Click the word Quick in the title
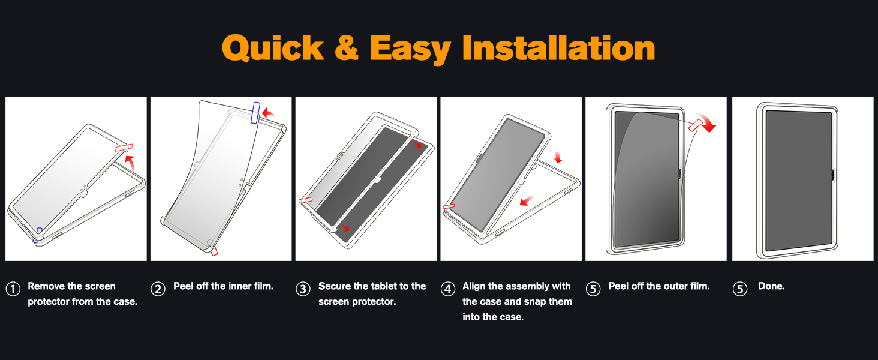(273, 48)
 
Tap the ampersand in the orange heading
(346, 48)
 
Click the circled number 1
(13, 289)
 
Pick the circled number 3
(303, 289)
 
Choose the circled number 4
(448, 289)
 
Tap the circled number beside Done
(740, 289)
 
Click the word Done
(771, 286)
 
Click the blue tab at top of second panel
(256, 113)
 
